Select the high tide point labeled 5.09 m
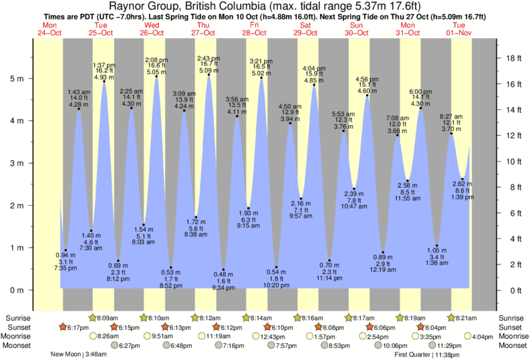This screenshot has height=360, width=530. [x=209, y=75]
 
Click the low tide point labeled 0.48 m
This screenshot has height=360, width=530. [x=223, y=270]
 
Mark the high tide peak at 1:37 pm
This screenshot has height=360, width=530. [x=104, y=81]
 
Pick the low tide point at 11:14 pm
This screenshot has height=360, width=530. [x=329, y=260]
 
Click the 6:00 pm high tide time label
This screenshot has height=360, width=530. [x=420, y=91]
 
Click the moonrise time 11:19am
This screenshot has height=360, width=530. [x=225, y=337]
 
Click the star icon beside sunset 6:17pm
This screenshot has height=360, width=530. [x=63, y=327]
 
